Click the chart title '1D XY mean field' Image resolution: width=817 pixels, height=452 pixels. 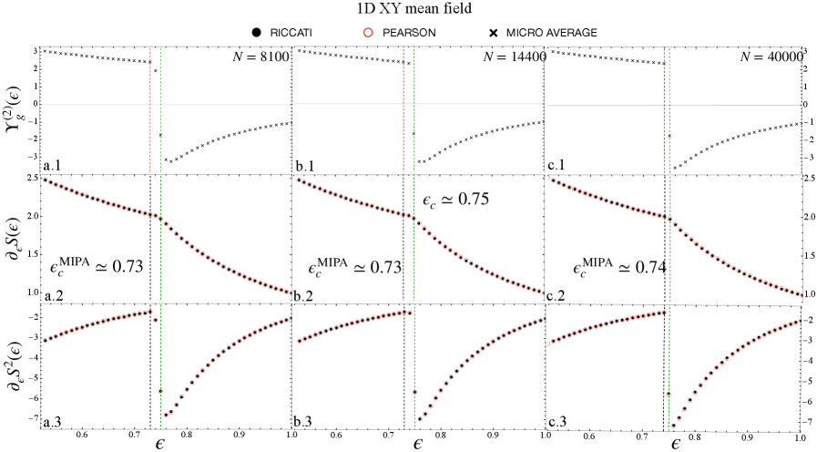pos(408,10)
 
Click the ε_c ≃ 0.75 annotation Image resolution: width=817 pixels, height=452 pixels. pos(456,199)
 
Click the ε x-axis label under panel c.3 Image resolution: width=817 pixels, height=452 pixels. pos(675,444)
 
